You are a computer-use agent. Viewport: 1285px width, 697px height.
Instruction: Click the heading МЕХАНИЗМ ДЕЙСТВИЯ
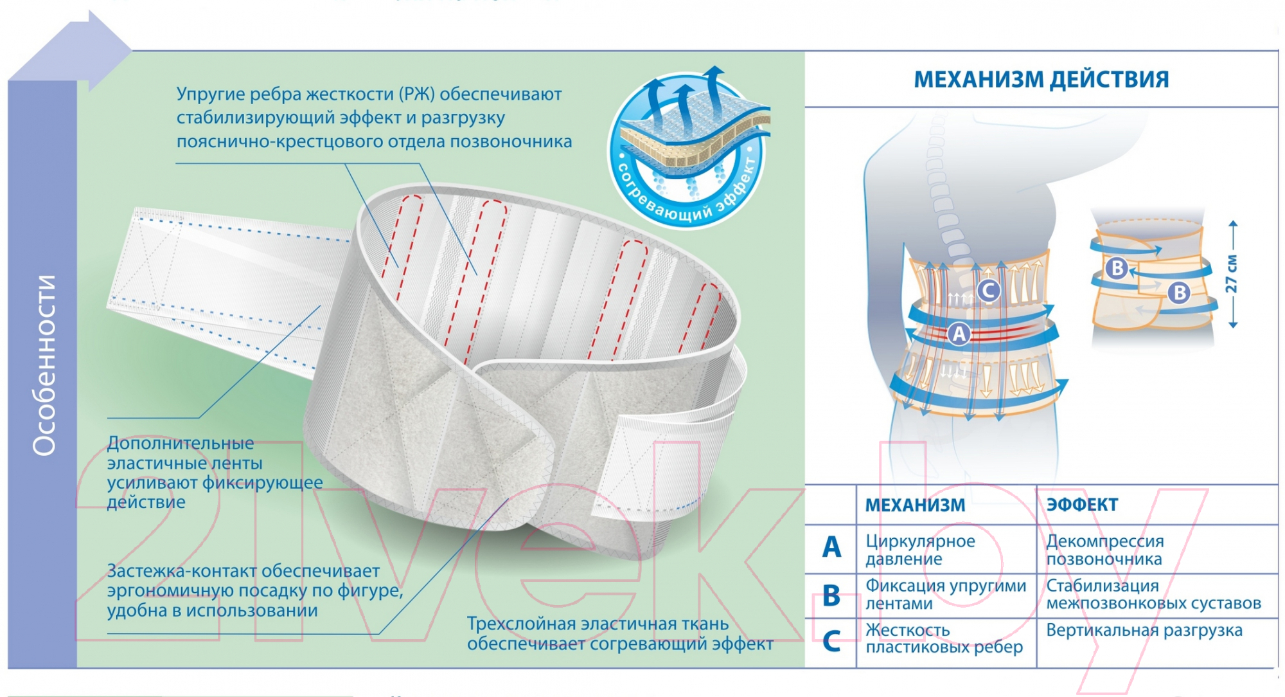point(1041,79)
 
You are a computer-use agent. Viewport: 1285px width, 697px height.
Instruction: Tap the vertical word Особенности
point(44,365)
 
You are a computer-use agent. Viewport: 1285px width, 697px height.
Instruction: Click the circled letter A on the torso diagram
point(959,334)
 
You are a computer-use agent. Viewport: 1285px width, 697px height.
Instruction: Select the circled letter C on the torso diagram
point(988,291)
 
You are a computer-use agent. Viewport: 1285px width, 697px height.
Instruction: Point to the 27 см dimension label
point(1231,274)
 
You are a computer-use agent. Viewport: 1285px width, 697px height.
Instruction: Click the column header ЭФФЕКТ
point(1082,505)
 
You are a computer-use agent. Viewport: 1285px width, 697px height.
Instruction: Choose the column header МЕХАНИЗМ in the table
point(915,505)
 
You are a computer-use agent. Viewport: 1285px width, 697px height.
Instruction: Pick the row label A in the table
point(831,547)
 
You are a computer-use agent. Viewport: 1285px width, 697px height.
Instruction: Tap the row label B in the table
point(831,595)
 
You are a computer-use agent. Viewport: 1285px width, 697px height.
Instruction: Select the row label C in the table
point(831,640)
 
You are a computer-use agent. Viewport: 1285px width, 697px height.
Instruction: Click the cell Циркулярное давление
point(920,550)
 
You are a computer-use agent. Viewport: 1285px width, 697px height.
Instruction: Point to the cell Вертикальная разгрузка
point(1144,630)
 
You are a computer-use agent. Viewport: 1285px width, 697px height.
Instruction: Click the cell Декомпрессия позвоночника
point(1105,550)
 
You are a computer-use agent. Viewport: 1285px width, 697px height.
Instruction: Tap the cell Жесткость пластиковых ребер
point(944,638)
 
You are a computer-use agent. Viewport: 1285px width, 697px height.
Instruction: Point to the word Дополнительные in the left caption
point(181,443)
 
